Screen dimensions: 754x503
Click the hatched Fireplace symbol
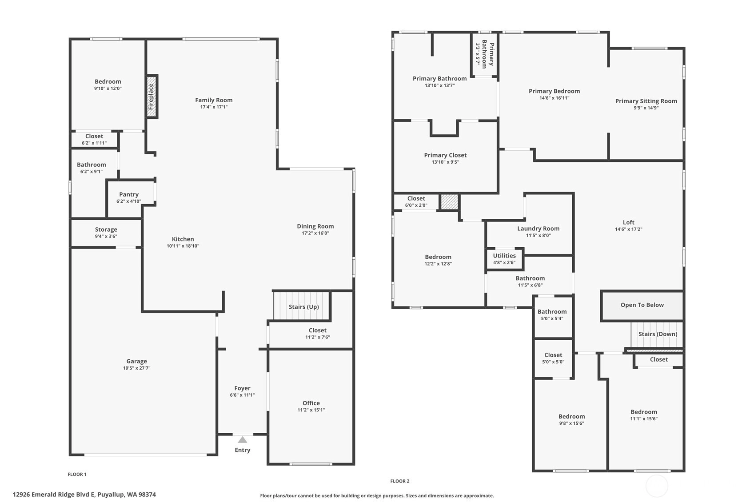point(152,97)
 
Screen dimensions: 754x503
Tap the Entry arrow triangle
point(242,440)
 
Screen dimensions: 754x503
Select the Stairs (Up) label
point(303,306)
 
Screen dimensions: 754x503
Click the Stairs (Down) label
point(658,334)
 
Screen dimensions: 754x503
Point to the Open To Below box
point(642,306)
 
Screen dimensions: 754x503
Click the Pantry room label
point(129,194)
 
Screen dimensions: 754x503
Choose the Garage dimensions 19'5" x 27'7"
point(137,368)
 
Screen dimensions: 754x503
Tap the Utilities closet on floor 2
point(505,259)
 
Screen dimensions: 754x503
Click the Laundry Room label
point(538,229)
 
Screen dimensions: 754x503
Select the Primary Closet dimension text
point(445,162)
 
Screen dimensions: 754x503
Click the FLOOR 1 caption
point(77,475)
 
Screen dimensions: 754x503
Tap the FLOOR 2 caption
point(400,481)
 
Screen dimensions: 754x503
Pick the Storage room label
point(106,229)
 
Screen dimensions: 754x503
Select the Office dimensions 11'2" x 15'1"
point(311,410)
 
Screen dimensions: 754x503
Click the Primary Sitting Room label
point(646,101)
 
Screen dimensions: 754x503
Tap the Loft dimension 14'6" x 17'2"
point(628,229)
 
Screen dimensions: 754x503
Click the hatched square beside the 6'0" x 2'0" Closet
point(450,202)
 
